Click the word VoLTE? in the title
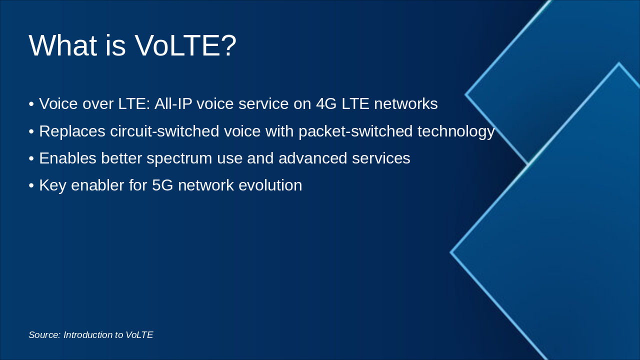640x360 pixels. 185,45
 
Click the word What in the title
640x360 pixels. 63,45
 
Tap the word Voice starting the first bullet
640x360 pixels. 58,103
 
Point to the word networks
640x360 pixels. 406,103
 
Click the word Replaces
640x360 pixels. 72,131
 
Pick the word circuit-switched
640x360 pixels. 164,131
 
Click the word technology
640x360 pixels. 456,132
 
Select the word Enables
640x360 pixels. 67,158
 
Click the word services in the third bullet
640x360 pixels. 381,158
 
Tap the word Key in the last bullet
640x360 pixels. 53,185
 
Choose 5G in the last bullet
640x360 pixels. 162,185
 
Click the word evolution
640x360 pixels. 270,185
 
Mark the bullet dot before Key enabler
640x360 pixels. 31,185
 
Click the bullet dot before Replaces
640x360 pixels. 31,131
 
